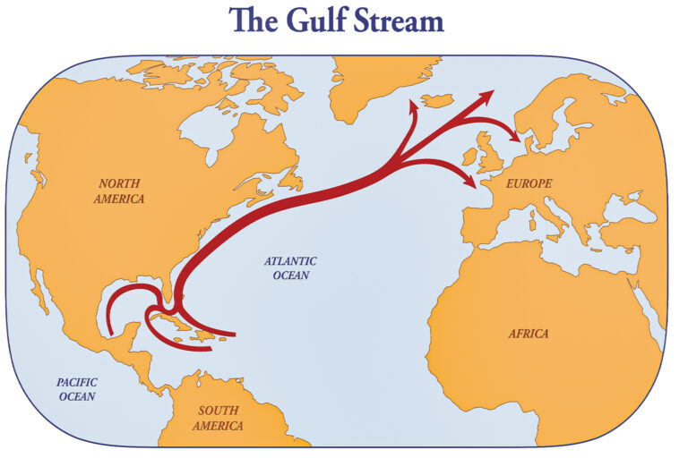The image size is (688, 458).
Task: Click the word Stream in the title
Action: click(396, 20)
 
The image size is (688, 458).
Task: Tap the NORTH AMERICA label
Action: click(118, 191)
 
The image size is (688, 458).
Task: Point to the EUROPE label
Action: click(529, 183)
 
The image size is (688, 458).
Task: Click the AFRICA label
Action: click(529, 334)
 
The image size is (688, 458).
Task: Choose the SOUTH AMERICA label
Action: click(218, 419)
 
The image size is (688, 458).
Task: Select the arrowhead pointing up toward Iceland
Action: click(415, 106)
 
